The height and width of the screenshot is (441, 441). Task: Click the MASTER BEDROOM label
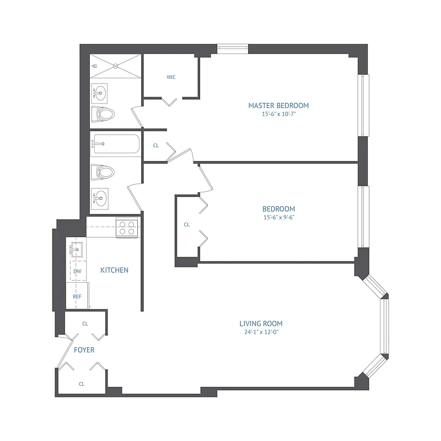[x=278, y=105]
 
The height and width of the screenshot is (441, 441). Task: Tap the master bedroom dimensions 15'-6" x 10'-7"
[x=278, y=115]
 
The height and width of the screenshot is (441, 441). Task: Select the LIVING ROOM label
[x=261, y=324]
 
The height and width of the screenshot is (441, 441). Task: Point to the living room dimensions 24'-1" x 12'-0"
[x=261, y=332]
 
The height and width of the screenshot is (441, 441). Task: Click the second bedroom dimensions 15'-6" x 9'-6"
[x=278, y=217]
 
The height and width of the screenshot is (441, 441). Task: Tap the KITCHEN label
[x=114, y=270]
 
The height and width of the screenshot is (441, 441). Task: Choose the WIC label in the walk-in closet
[x=171, y=77]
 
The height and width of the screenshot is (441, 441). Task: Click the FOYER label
[x=84, y=350]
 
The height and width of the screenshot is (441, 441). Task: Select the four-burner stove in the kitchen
[x=127, y=228]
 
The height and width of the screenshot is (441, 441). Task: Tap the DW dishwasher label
[x=77, y=271]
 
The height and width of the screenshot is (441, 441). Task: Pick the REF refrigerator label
[x=77, y=297]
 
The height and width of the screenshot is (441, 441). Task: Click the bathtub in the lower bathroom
[x=115, y=146]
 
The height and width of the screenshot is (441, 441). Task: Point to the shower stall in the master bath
[x=116, y=66]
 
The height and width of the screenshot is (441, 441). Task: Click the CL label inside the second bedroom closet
[x=186, y=224]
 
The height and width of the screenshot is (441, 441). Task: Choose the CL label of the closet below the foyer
[x=82, y=384]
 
